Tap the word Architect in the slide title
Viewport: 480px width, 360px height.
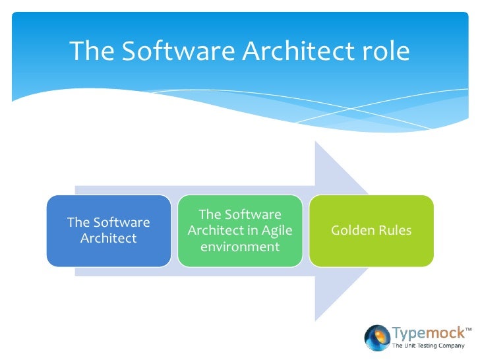[x=291, y=51]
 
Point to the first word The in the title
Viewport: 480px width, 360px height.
[x=92, y=51]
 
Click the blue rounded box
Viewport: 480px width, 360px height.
[x=108, y=231]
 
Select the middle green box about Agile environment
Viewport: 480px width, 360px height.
[x=240, y=231]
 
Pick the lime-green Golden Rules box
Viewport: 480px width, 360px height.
[x=371, y=231]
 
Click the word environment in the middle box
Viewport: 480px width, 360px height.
[x=240, y=247]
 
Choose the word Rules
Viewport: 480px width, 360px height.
[x=395, y=231]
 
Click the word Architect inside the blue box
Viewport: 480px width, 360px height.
[x=108, y=239]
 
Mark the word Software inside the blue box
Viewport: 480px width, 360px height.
[x=122, y=223]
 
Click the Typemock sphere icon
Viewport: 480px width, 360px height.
[x=377, y=337]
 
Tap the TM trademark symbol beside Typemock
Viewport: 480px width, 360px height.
[x=469, y=328]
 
